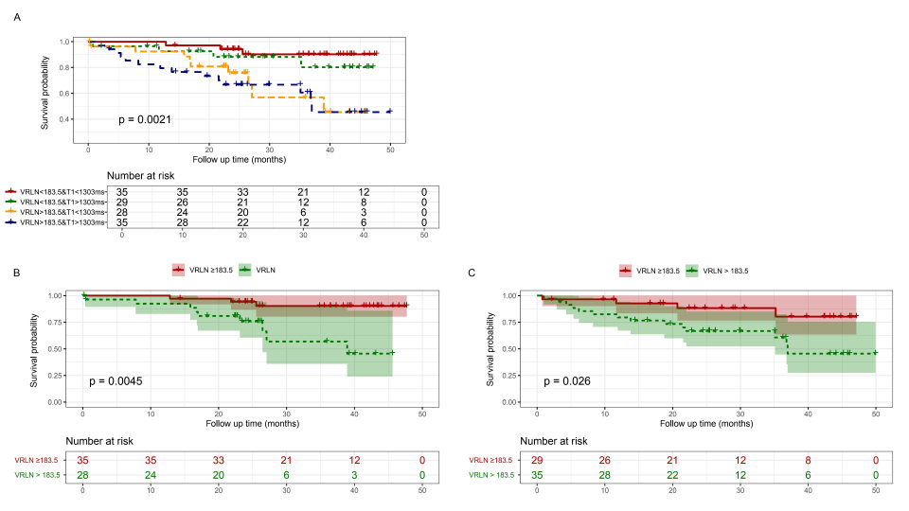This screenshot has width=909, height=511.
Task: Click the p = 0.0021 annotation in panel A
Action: [x=144, y=119]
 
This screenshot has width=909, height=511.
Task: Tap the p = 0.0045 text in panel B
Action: [x=116, y=381]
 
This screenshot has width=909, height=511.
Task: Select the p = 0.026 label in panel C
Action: [x=567, y=381]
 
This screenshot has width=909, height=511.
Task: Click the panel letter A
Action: [x=15, y=16]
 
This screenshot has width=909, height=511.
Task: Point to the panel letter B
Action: [x=15, y=273]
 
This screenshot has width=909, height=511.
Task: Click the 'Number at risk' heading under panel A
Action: [x=142, y=175]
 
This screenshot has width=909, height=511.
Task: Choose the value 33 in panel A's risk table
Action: [x=243, y=192]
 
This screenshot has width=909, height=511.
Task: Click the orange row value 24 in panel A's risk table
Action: [x=183, y=213]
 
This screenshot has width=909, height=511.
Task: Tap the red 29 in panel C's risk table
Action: [x=537, y=459]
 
